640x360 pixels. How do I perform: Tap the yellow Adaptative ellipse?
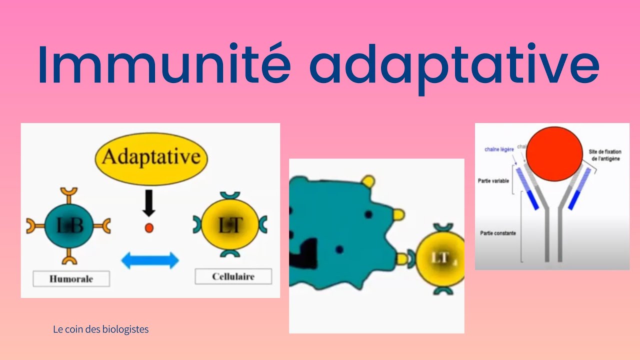click(151, 158)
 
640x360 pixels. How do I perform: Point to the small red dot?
click(148, 228)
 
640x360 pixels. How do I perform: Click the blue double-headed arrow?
click(150, 260)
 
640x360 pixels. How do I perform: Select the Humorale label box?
click(71, 278)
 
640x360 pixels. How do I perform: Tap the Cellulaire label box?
click(233, 276)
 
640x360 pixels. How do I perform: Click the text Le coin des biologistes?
click(100, 329)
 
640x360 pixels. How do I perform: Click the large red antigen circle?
click(554, 153)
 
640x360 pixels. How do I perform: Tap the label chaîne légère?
click(499, 149)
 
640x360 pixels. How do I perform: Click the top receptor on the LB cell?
click(68, 193)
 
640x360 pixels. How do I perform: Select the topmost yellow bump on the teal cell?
click(368, 181)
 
